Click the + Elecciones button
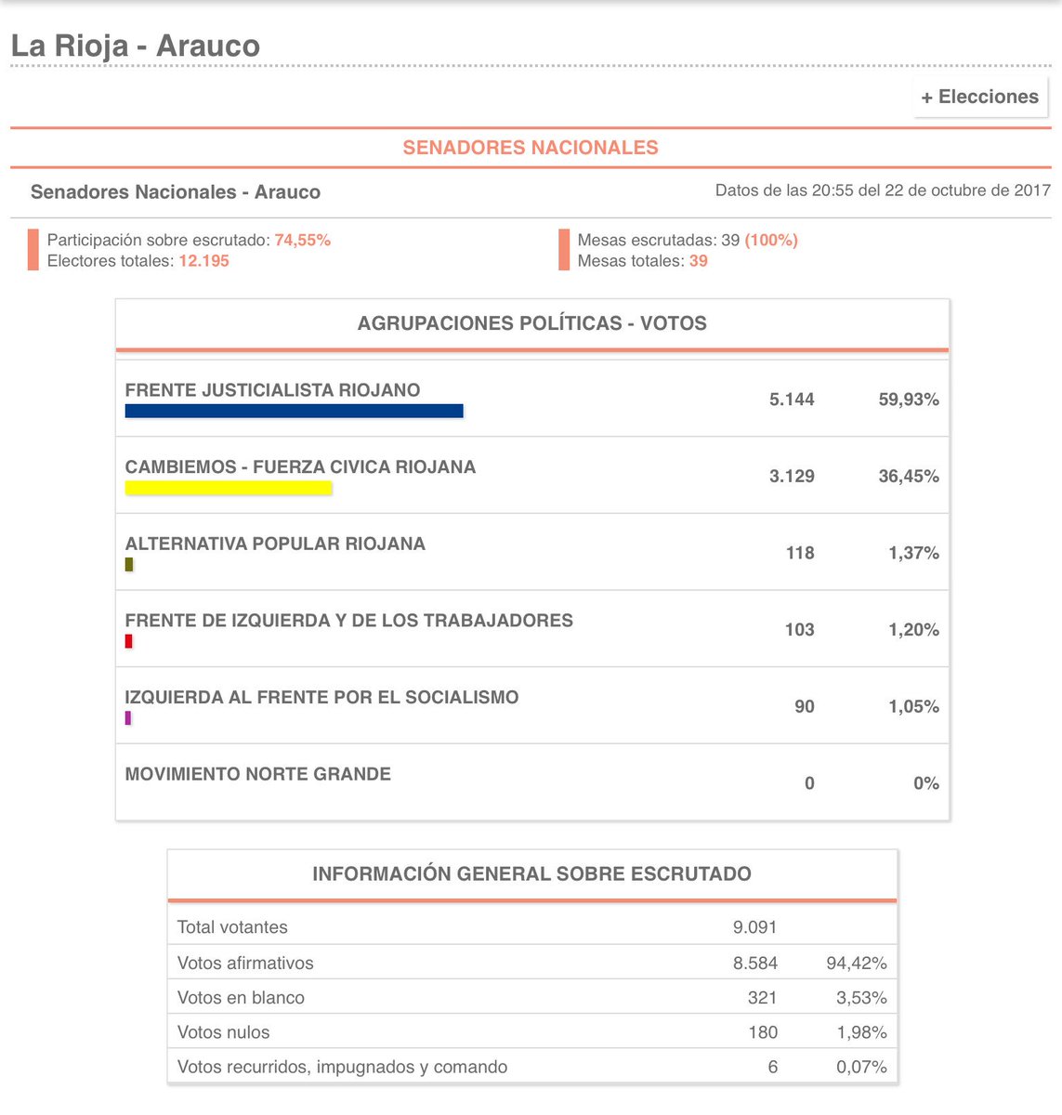pos(980,97)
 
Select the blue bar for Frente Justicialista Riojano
pos(294,411)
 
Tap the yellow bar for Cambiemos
pos(229,488)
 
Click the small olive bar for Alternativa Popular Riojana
pos(129,564)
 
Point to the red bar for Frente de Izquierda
pos(129,641)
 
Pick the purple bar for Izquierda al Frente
pos(128,717)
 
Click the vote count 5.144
pos(792,400)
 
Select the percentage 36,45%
pos(908,477)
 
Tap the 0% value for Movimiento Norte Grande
pos(925,783)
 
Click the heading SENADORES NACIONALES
pos(531,148)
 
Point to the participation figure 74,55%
pos(302,240)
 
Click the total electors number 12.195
pos(203,261)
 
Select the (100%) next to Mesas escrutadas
pos(771,240)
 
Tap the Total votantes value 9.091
pos(754,927)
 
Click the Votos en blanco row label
pos(241,998)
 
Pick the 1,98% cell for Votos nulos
pos(861,1032)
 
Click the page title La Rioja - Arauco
pos(136,46)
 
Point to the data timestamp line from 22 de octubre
pos(883,190)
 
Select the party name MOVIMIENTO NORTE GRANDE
pos(258,774)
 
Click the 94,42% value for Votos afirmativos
pos(856,964)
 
